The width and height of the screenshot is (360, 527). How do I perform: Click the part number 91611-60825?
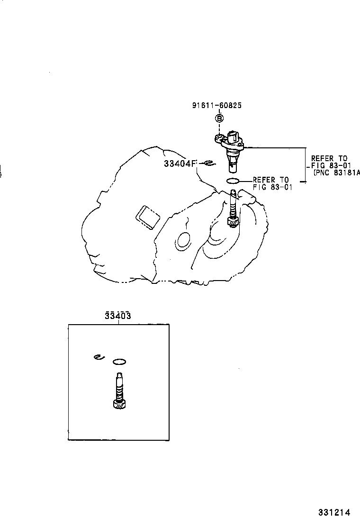tap(216, 106)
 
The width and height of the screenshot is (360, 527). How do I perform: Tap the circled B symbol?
tap(219, 118)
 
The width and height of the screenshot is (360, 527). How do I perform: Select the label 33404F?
tap(180, 164)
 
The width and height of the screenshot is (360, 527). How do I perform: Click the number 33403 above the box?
tap(118, 316)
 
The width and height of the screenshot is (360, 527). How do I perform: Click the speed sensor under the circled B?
tap(231, 149)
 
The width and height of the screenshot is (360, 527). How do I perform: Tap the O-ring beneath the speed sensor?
tap(233, 181)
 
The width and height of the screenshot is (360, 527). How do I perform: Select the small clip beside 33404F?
tap(208, 164)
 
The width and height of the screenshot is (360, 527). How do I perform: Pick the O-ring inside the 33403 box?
tap(119, 362)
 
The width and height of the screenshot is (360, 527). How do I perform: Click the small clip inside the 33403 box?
tap(98, 357)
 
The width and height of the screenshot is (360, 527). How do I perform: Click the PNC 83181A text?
tap(337, 173)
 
